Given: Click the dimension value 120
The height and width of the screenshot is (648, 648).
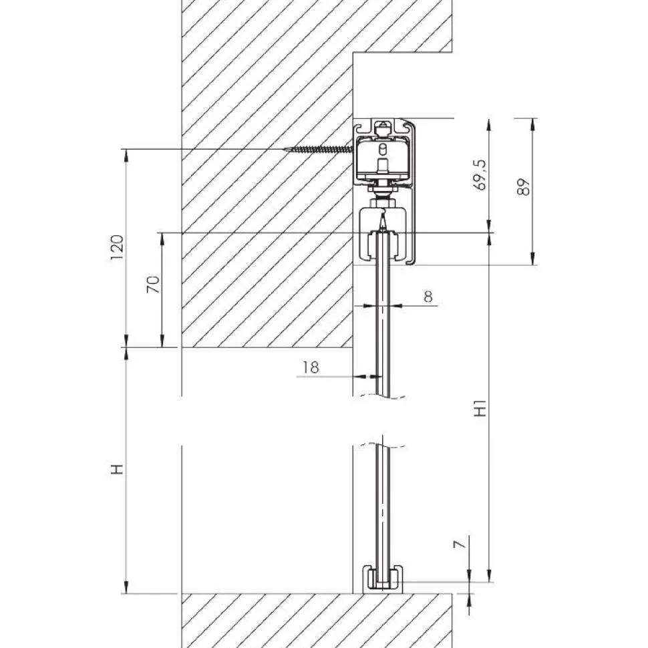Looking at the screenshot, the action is [x=118, y=247].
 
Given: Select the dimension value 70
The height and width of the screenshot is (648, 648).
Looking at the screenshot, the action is [x=153, y=285].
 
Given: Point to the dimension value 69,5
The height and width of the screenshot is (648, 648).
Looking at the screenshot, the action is [x=480, y=175].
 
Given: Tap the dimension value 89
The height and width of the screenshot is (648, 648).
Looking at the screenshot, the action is [x=523, y=187].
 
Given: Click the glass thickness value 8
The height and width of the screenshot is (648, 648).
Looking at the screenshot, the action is [x=428, y=297].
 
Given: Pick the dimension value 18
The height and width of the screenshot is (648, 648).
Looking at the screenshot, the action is [x=311, y=367].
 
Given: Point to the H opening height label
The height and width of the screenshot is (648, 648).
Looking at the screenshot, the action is [x=118, y=469].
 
